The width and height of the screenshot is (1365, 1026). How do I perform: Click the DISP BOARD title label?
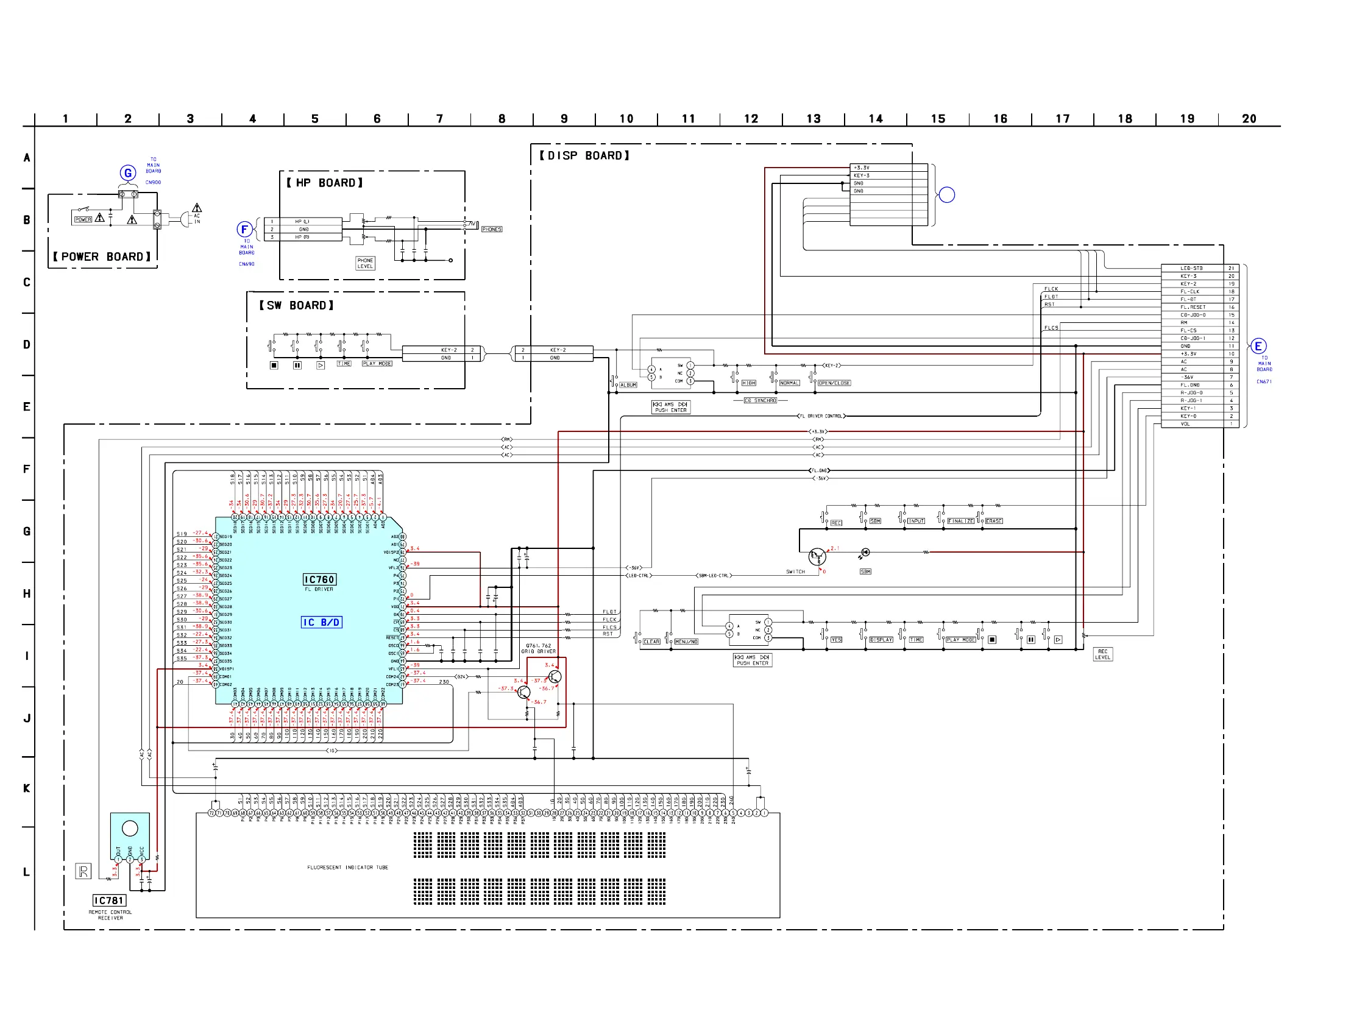[x=584, y=155]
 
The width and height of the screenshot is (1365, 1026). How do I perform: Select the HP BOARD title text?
[x=325, y=183]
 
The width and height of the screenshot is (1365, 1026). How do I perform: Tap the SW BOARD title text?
[x=296, y=305]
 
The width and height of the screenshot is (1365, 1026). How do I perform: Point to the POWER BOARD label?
[x=102, y=256]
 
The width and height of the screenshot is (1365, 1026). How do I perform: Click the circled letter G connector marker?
[x=128, y=173]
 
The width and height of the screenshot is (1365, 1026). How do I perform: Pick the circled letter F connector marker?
[x=244, y=230]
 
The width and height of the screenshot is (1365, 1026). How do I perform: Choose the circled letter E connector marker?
[x=1258, y=346]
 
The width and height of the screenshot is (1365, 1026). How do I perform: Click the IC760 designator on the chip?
[x=319, y=579]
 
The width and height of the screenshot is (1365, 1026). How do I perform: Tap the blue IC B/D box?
[x=321, y=623]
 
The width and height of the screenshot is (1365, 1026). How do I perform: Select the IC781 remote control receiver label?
[x=109, y=900]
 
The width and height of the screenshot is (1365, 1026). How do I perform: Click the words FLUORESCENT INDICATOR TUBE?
[x=347, y=868]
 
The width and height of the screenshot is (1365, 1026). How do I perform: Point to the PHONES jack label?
[x=492, y=229]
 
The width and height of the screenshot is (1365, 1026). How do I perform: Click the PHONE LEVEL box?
[x=365, y=263]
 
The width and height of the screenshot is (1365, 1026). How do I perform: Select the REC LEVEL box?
[x=1102, y=654]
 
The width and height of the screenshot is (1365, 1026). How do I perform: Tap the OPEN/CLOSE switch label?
[x=834, y=383]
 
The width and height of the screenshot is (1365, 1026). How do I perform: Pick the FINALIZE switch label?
[x=961, y=522]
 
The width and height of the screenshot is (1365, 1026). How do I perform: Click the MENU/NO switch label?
[x=686, y=642]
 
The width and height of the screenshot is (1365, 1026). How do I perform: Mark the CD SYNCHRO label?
[x=760, y=400]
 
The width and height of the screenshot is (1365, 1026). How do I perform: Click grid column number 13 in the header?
[x=814, y=118]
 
